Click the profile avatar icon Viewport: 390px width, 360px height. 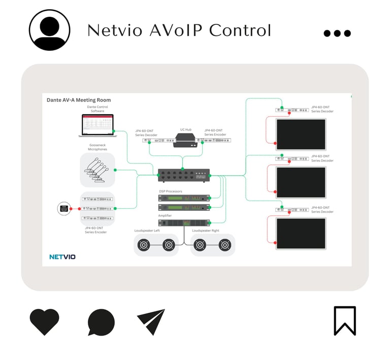tap(49, 30)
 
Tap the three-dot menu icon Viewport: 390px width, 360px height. tap(337, 34)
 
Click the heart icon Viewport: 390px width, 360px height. tap(44, 322)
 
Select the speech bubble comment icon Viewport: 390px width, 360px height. tap(101, 322)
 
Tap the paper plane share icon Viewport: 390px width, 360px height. tap(151, 322)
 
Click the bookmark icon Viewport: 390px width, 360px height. tap(345, 320)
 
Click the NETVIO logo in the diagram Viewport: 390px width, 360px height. tap(62, 257)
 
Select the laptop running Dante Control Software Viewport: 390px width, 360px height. tap(96, 125)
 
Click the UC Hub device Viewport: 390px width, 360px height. tap(185, 140)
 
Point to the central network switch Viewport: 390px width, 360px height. tap(184, 175)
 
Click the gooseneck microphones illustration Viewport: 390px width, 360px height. tap(97, 170)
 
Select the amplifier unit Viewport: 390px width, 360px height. tap(184, 223)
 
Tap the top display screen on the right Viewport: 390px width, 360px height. tap(300, 134)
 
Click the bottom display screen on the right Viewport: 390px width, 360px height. tap(300, 233)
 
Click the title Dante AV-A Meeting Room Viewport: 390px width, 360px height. tap(78, 100)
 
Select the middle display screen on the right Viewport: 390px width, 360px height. tap(300, 182)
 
